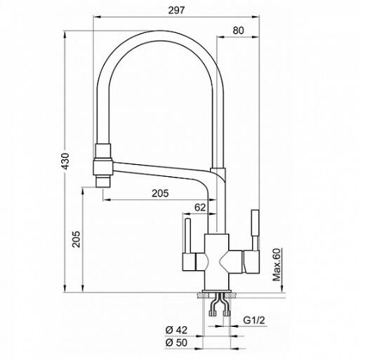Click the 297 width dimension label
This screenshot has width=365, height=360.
[176, 11]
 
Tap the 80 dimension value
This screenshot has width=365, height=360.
[238, 30]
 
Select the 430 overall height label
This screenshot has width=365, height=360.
[65, 161]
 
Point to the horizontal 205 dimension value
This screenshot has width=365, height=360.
[160, 193]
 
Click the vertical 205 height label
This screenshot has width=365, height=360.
[77, 239]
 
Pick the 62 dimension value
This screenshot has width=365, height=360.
[200, 207]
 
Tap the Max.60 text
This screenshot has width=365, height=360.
[277, 265]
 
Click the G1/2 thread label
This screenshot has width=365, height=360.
[254, 320]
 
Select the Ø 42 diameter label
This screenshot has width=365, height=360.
[176, 330]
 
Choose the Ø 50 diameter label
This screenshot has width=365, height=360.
[176, 342]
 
